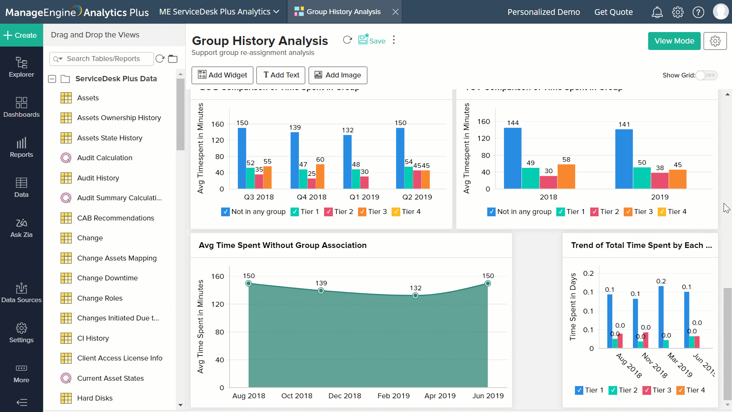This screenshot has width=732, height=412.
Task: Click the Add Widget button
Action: pyautogui.click(x=222, y=75)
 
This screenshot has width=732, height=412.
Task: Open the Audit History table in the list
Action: pyautogui.click(x=98, y=178)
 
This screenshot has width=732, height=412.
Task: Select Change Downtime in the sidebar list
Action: pyautogui.click(x=107, y=278)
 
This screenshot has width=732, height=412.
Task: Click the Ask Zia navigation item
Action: pyautogui.click(x=21, y=228)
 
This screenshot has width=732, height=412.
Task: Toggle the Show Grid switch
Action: pyautogui.click(x=706, y=75)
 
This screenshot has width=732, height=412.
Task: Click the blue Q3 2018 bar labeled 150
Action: pyautogui.click(x=242, y=158)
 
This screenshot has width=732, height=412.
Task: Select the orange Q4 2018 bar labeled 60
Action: pyautogui.click(x=320, y=176)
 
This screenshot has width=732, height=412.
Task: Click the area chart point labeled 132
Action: pyautogui.click(x=415, y=296)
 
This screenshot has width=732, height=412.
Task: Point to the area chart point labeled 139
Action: pyautogui.click(x=321, y=291)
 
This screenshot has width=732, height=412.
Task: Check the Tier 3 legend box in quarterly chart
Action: pyautogui.click(x=362, y=212)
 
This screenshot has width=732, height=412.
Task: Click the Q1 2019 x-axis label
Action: pyautogui.click(x=364, y=197)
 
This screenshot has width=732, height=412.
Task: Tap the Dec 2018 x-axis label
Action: pyautogui.click(x=345, y=396)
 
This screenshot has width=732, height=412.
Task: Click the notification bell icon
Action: pyautogui.click(x=657, y=12)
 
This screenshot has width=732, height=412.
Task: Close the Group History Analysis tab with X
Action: pyautogui.click(x=395, y=12)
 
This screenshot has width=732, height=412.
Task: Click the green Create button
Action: pyautogui.click(x=21, y=35)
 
